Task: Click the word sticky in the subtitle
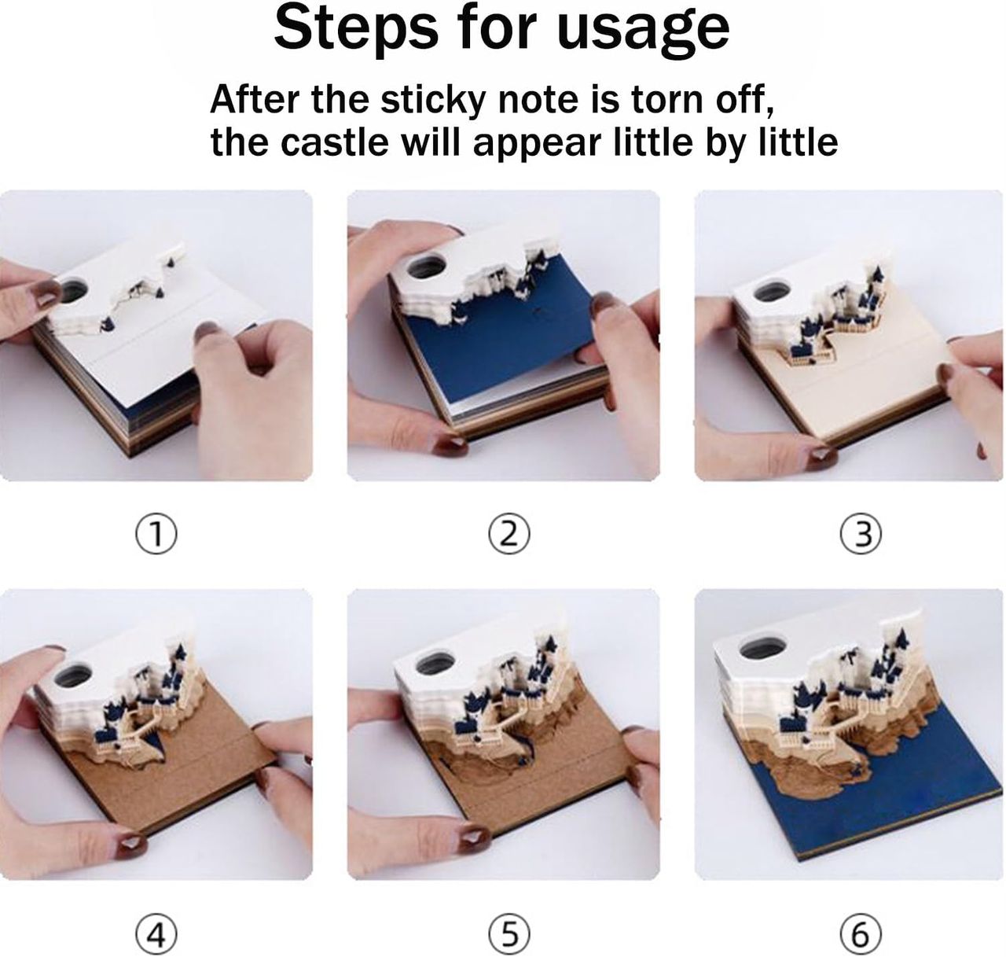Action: click(432, 100)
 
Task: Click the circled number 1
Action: click(156, 534)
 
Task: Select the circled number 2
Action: click(509, 534)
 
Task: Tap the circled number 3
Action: click(861, 534)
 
